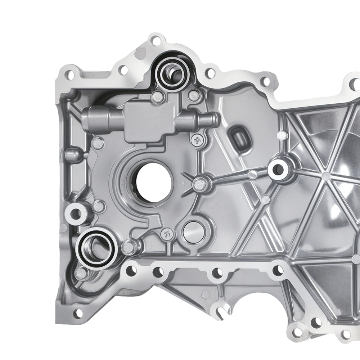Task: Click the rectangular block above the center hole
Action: tap(148, 121)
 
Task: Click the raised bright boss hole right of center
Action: tap(279, 169)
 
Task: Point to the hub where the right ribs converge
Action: tap(326, 176)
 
